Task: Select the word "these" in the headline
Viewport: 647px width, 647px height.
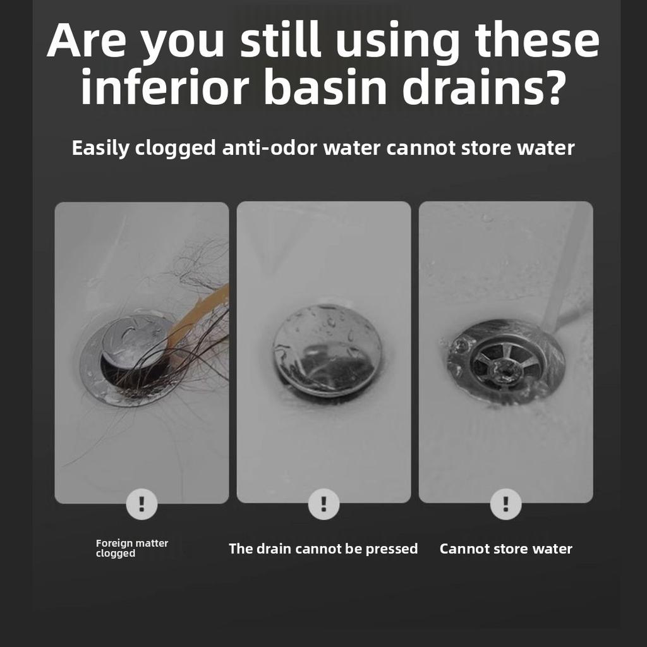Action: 537,40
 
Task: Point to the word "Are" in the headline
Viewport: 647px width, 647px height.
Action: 86,40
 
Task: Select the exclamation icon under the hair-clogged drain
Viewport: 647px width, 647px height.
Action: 142,504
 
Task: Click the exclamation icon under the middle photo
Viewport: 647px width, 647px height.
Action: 324,504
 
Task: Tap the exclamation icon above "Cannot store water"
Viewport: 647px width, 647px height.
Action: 506,504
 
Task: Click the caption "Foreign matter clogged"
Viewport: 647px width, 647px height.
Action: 132,548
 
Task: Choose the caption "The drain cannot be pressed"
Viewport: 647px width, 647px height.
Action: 323,549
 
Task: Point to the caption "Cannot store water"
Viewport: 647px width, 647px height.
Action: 506,549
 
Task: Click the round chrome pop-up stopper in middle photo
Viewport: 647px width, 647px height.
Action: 328,351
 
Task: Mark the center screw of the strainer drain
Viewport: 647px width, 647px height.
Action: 504,367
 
